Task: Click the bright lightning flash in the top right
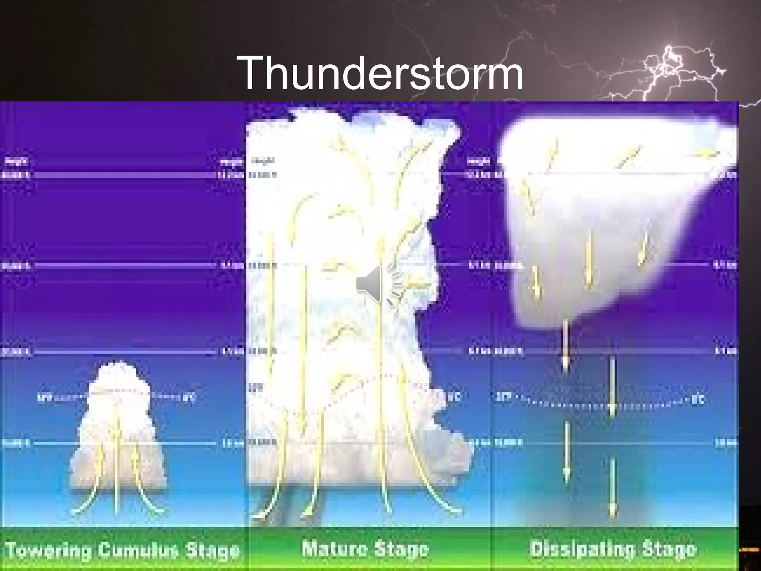point(669,63)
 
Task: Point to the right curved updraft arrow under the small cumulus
point(145,483)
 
